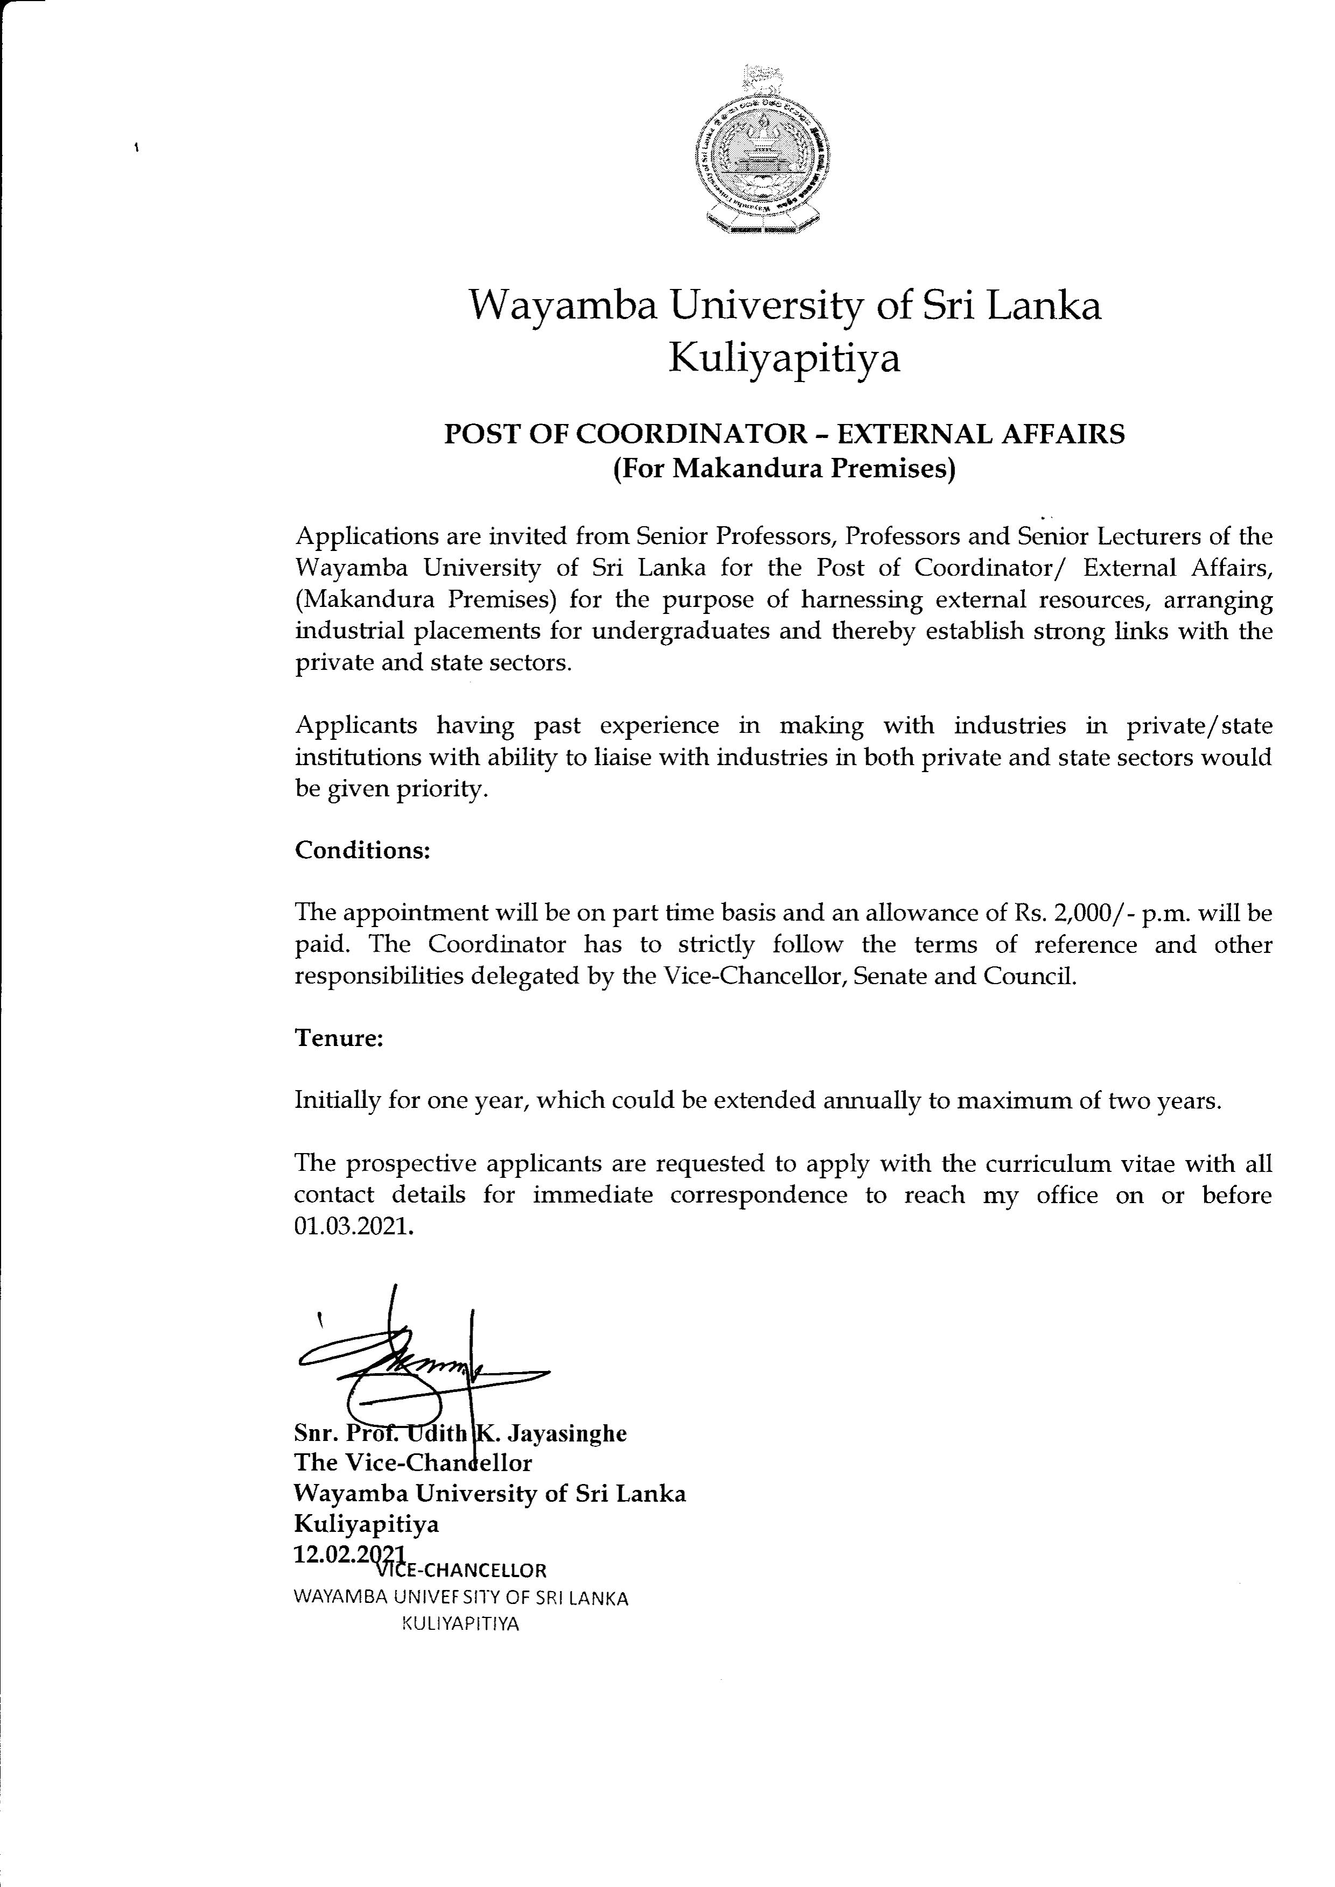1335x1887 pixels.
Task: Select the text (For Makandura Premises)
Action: (x=784, y=470)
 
